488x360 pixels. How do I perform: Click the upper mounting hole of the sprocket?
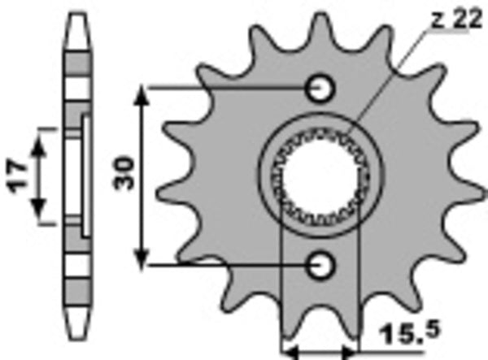tap(320, 86)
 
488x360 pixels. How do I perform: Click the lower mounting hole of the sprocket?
tap(320, 264)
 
